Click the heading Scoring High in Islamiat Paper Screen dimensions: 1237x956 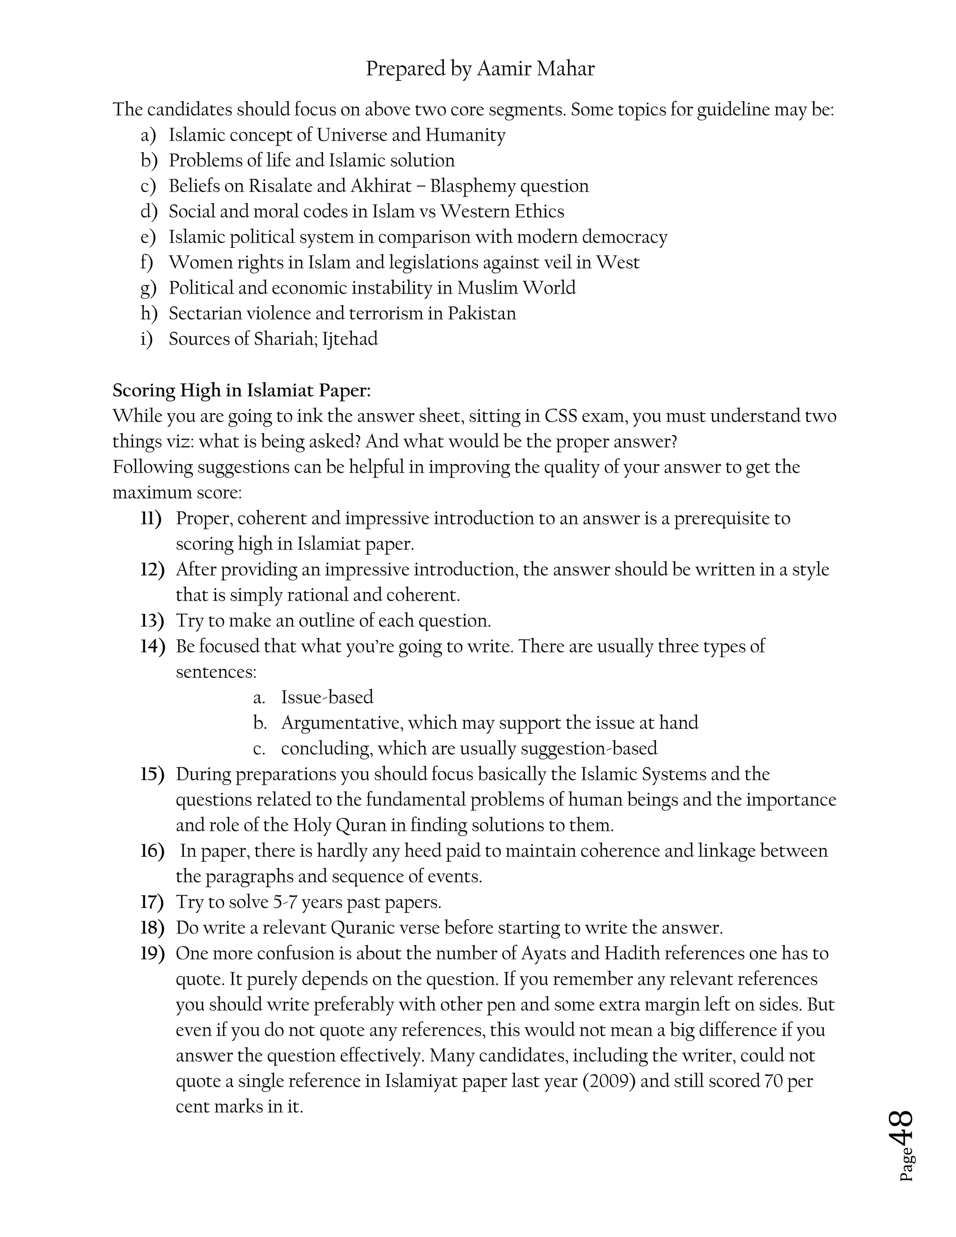[242, 390]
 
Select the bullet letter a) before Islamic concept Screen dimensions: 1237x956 [148, 135]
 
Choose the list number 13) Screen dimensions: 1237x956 [152, 621]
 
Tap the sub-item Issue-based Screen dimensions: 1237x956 [327, 697]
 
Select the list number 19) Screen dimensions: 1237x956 [152, 953]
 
